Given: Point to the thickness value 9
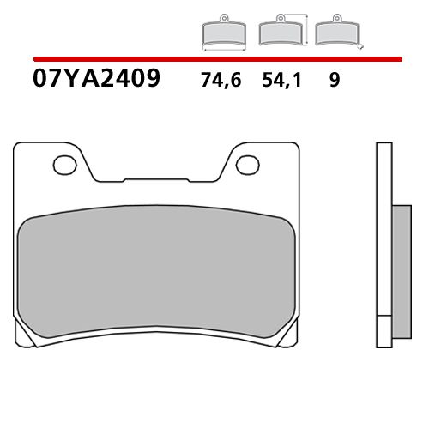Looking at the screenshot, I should pyautogui.click(x=334, y=82).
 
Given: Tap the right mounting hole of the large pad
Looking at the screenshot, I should pyautogui.click(x=245, y=161).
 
